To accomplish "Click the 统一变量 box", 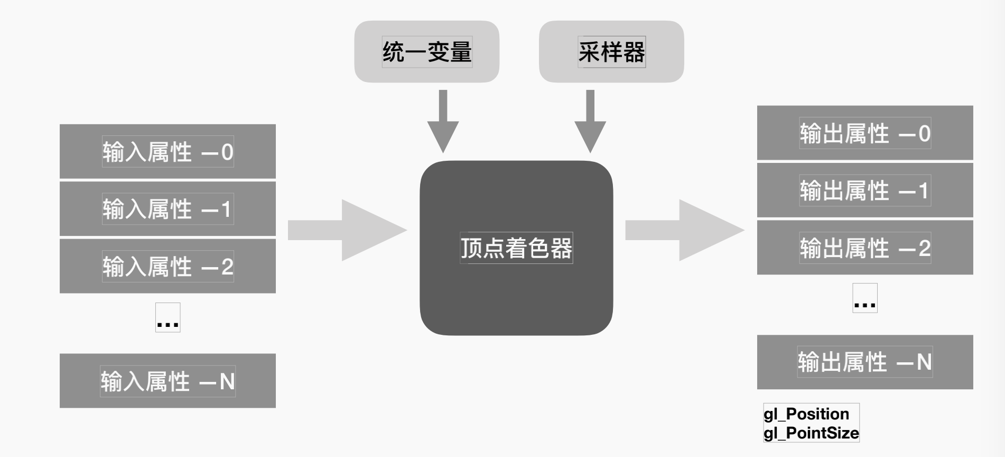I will [x=426, y=52].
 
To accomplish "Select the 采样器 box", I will [x=611, y=52].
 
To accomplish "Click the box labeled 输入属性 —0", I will [x=168, y=151].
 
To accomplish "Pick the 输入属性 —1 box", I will [x=168, y=209].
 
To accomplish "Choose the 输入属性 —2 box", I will [x=168, y=266].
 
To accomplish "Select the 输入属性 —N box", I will [x=168, y=381].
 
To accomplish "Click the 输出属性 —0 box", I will [x=865, y=133].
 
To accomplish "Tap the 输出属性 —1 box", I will [x=865, y=190].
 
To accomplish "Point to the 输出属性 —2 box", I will [x=865, y=248].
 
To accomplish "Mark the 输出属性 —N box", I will [x=865, y=362].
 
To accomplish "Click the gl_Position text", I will [x=806, y=414].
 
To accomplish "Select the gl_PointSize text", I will [x=811, y=433].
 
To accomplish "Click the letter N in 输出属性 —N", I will [x=924, y=362].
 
